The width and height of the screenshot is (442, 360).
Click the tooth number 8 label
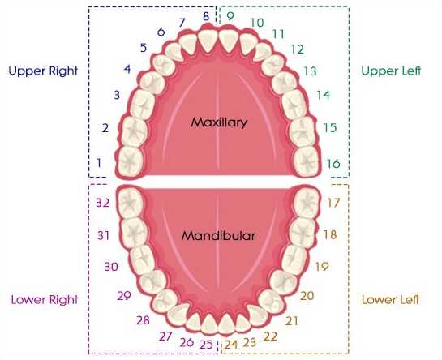[x=206, y=16]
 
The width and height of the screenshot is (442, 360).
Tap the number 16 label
[x=333, y=164]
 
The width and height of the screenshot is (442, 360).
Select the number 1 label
[x=99, y=163]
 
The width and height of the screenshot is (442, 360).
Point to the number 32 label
[x=103, y=203]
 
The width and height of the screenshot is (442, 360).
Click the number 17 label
[x=333, y=203]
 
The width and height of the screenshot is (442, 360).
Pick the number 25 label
[x=206, y=345]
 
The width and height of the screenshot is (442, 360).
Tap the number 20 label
[x=307, y=296]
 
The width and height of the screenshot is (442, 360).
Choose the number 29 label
[x=124, y=296]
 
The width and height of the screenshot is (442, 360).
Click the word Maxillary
[x=219, y=122]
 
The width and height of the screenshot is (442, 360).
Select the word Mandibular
[x=218, y=236]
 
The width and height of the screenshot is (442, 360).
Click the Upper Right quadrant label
[x=43, y=71]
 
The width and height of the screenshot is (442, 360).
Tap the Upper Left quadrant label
[x=391, y=71]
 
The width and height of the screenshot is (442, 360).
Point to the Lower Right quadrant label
[x=45, y=300]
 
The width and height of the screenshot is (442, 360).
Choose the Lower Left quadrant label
[x=390, y=299]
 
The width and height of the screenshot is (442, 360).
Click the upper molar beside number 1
[x=130, y=161]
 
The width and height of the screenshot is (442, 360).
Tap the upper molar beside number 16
[x=307, y=161]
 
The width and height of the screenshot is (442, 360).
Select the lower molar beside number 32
[x=131, y=203]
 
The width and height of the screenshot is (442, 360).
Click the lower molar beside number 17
[x=307, y=203]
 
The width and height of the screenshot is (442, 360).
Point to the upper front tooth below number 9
[x=229, y=41]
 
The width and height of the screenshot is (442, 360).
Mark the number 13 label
[x=310, y=71]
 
